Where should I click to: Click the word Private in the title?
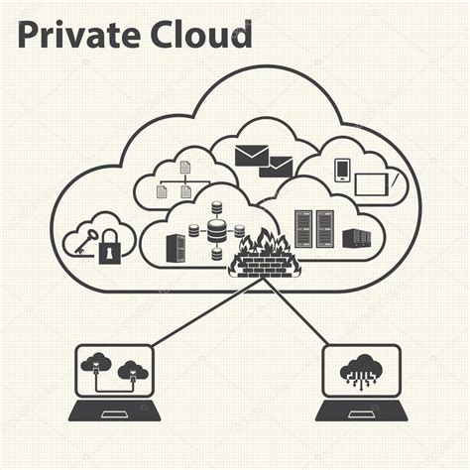coord(78,35)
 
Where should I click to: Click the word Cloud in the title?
coord(201,35)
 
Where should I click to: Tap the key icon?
coord(86,242)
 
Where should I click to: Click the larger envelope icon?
coord(252,156)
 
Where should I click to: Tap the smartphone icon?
coord(342,171)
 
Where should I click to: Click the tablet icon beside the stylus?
coord(372,184)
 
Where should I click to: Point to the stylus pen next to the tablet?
coord(396,180)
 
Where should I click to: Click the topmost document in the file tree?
coord(185,167)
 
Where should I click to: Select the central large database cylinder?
coord(217,231)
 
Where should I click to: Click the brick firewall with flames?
coord(265,253)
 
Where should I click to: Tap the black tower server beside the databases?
coord(176,248)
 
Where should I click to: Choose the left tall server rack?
coord(303,229)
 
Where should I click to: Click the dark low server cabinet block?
coord(357,239)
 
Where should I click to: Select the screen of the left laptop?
coord(114,371)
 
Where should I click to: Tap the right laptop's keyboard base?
coord(361,411)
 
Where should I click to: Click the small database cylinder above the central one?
coord(217,207)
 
